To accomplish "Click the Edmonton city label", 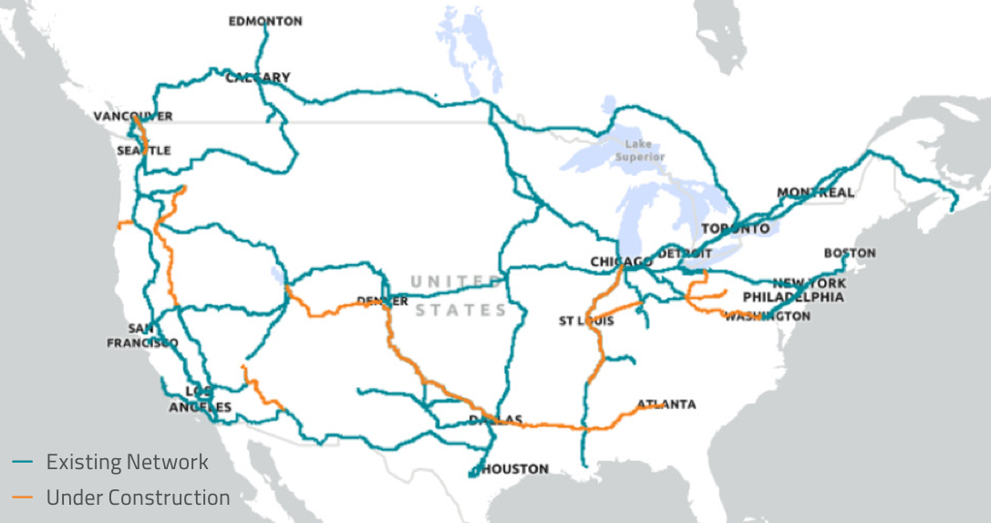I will coord(265,21).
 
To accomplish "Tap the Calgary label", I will coord(258,78).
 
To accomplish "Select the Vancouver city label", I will coord(133,117).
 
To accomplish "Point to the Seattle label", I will coord(143,151).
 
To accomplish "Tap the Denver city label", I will coord(383,301).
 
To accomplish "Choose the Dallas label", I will coord(496,420).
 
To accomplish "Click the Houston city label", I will coord(516,469).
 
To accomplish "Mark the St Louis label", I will coord(586,321).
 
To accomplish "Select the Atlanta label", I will coord(666,404).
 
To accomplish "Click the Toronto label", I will coord(736,228).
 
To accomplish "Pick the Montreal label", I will coord(816,193).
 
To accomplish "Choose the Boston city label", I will coord(850,253).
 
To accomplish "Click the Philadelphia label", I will coord(793,298).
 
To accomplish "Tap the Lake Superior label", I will coord(639,151).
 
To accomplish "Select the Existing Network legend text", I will coord(128,462).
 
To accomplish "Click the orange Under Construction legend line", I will coord(23,497).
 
